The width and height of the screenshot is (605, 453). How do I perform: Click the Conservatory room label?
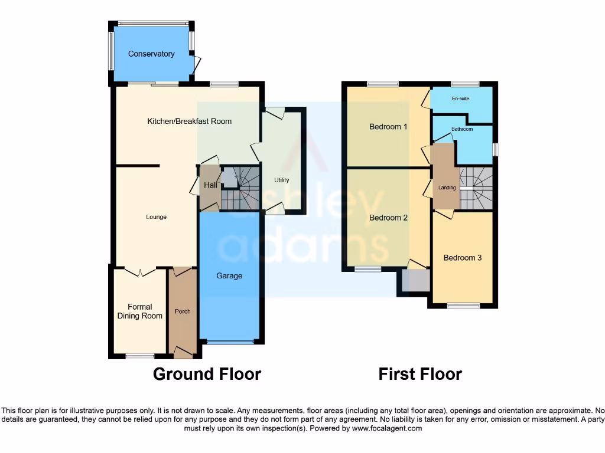coord(151,54)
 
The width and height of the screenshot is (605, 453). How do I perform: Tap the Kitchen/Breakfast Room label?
coord(189,121)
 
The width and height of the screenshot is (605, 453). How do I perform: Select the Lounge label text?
coord(157,217)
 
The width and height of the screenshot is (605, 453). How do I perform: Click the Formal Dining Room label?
coord(140,311)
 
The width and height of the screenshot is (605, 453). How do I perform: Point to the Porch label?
coord(183,311)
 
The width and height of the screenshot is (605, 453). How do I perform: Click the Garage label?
coord(229,275)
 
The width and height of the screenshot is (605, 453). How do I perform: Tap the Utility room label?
coord(281,180)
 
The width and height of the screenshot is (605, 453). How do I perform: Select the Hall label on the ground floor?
coord(210,185)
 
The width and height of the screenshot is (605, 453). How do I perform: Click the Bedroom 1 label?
coord(388,126)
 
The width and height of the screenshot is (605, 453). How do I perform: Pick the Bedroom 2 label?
coord(388,218)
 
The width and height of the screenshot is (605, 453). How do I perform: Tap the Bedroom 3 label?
coord(463,258)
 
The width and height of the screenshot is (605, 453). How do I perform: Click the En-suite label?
coord(460,99)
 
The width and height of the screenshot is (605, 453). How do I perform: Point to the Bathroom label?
coord(462,129)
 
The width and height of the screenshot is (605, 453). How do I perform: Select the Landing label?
coord(447,188)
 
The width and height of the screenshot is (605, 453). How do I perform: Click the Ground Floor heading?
coord(207,374)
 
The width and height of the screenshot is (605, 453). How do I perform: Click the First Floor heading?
coord(420,374)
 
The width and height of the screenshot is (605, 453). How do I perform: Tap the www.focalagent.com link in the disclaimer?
coord(387,428)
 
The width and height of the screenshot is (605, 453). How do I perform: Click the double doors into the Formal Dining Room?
coord(140,272)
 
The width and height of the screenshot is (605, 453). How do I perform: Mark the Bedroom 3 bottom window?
coord(463,306)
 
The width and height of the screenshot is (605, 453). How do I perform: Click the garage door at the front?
coord(229,342)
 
